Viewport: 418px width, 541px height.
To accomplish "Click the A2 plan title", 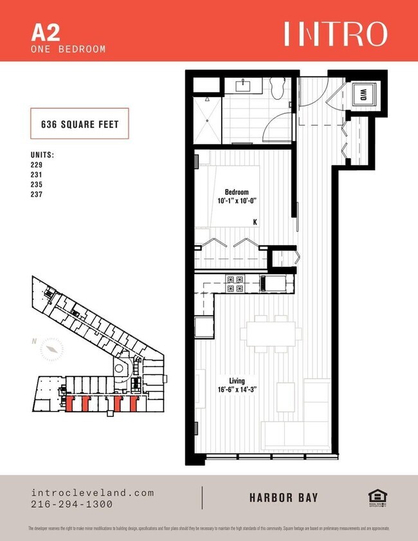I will tap(43, 32).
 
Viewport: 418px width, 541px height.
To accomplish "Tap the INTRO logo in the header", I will tap(335, 34).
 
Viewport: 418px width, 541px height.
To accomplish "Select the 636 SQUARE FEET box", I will tap(80, 125).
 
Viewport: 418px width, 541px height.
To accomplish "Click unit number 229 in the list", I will tap(37, 164).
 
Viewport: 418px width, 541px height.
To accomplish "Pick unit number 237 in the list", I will tap(37, 195).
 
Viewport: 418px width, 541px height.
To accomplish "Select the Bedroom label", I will tap(236, 192).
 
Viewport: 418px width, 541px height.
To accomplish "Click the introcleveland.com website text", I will tap(93, 493).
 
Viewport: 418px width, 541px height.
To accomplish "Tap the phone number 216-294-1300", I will tap(72, 504).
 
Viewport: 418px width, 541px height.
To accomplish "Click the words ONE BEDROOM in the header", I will tap(68, 49).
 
